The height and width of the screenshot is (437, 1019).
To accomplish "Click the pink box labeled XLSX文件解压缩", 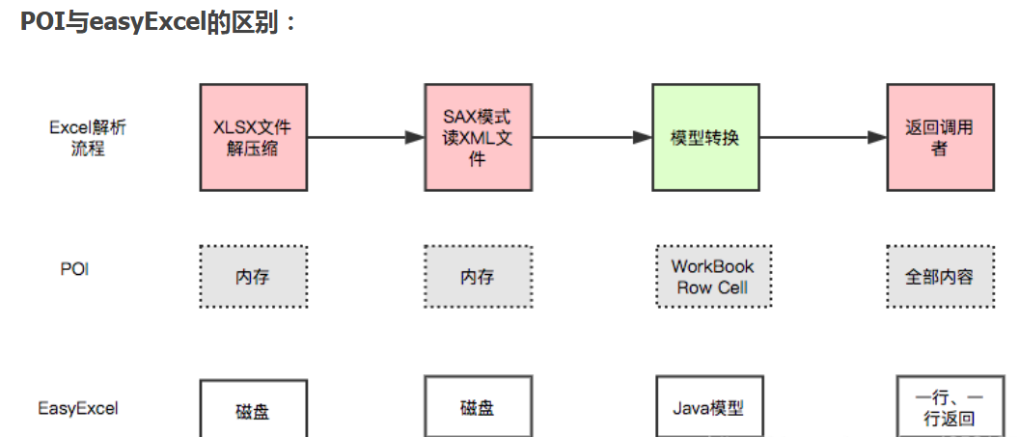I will point(253,136).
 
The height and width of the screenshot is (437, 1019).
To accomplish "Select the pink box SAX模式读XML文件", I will point(478,136).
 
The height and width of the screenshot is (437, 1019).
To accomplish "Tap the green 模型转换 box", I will point(704,136).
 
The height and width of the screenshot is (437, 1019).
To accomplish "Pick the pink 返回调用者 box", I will point(940,136).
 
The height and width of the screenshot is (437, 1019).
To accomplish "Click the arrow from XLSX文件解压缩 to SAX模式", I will point(365,138).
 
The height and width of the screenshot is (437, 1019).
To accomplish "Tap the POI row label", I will point(74,269).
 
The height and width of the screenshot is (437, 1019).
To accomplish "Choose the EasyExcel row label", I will point(78,408).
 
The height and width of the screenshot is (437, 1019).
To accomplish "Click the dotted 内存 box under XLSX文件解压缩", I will point(253,277).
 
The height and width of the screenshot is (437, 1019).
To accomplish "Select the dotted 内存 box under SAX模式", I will point(478,277).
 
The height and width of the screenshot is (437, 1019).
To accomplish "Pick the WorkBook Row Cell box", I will point(713,277).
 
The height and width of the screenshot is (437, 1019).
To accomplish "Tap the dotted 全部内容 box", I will point(939,277).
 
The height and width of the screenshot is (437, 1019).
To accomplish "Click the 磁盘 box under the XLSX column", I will point(253,410).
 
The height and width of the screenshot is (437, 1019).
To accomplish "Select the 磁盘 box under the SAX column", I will point(478,407).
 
